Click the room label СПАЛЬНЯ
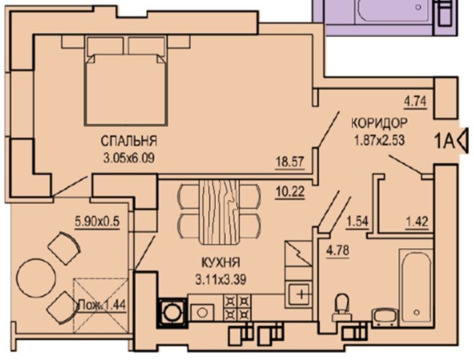[x=129, y=141]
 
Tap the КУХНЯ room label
[x=221, y=262]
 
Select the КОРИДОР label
[x=380, y=123]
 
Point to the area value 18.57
[x=290, y=162]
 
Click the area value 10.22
[x=290, y=191]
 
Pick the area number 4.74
[x=415, y=101]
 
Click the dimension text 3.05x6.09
[x=129, y=158]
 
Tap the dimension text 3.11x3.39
[x=221, y=279]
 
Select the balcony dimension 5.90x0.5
[x=98, y=222]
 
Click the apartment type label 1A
[x=444, y=142]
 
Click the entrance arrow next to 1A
[x=463, y=140]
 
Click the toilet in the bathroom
[x=342, y=307]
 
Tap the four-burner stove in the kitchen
[x=237, y=308]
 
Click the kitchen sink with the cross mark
[x=299, y=294]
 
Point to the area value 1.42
[x=417, y=222]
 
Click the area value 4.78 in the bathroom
[x=337, y=250]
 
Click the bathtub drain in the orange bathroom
[x=417, y=312]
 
